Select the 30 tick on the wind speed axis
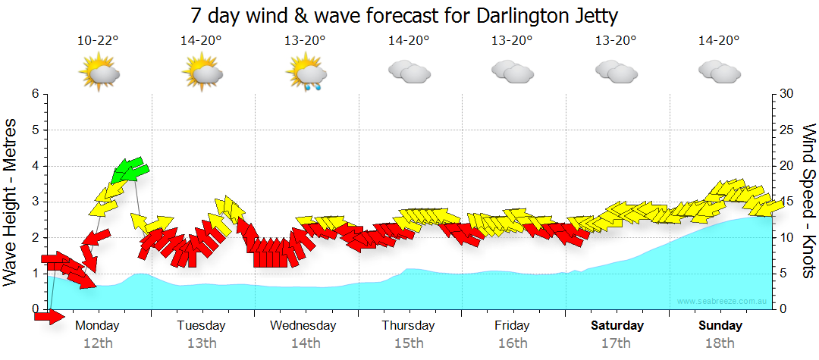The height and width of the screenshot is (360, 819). [x=786, y=94]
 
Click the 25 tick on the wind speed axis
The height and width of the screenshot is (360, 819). [x=786, y=130]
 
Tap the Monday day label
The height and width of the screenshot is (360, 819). [x=98, y=326]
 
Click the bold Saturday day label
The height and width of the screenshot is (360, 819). [x=617, y=326]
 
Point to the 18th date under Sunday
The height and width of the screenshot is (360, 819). [x=720, y=343]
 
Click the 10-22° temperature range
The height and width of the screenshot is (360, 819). [x=98, y=41]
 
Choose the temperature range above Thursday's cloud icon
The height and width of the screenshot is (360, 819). [x=409, y=41]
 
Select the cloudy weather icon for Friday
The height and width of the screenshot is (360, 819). [x=513, y=72]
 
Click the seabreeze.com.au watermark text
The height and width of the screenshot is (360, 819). [x=722, y=301]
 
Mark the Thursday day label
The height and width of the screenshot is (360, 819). [x=409, y=326]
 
